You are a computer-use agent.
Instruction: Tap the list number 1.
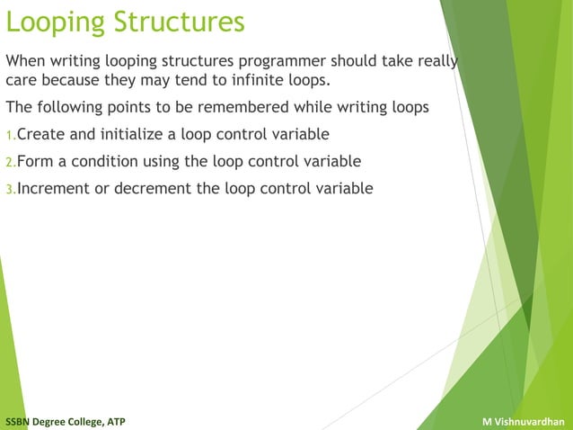click(x=10, y=136)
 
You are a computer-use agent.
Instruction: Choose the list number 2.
click(x=10, y=163)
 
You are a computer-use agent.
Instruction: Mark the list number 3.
click(x=10, y=190)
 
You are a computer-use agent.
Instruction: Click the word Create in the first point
click(x=40, y=135)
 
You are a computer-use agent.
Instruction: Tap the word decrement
click(x=156, y=189)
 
